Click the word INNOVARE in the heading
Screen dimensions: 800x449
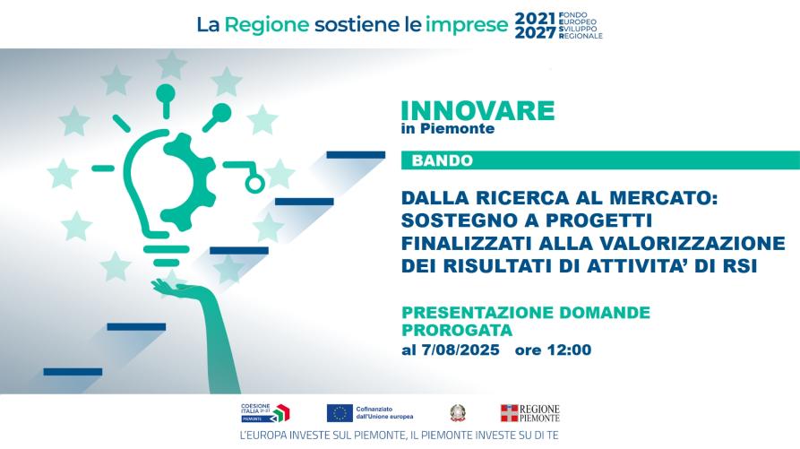point(477,111)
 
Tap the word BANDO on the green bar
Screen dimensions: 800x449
point(443,160)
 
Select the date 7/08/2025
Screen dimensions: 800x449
point(460,350)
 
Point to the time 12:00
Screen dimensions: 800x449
point(570,350)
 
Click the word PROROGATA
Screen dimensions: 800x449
point(457,330)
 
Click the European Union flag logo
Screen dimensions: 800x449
point(340,413)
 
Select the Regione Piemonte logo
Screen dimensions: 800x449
point(529,413)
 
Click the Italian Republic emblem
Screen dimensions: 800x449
point(458,413)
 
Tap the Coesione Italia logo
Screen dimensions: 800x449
point(265,413)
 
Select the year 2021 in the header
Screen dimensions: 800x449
point(535,19)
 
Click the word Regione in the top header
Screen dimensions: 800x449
point(267,25)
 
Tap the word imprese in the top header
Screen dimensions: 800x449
point(467,25)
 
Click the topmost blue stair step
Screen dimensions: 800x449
point(356,155)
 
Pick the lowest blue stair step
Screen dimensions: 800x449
point(73,371)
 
